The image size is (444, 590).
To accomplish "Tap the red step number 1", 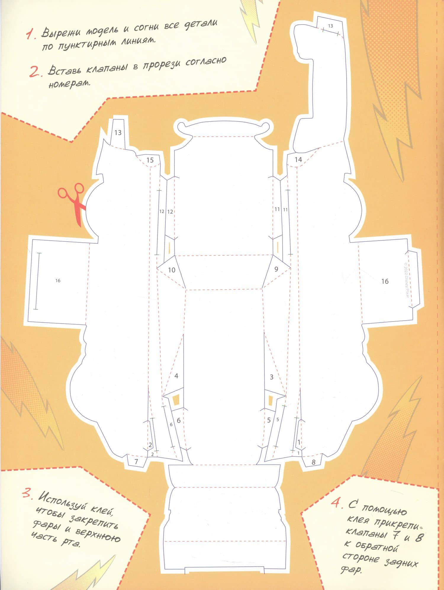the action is [x=31, y=35].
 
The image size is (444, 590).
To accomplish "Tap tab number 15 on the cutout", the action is [x=150, y=160].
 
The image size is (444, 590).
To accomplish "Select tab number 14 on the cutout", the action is [x=298, y=159].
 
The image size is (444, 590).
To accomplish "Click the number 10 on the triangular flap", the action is [x=172, y=270].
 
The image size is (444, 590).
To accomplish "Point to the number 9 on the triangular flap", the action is [x=276, y=269].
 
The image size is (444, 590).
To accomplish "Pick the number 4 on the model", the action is [x=176, y=376].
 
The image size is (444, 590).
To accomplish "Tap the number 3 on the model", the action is [x=271, y=377].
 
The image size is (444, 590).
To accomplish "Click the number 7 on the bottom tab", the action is [x=136, y=461].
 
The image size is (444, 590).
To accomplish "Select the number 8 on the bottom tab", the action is [x=313, y=462].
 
